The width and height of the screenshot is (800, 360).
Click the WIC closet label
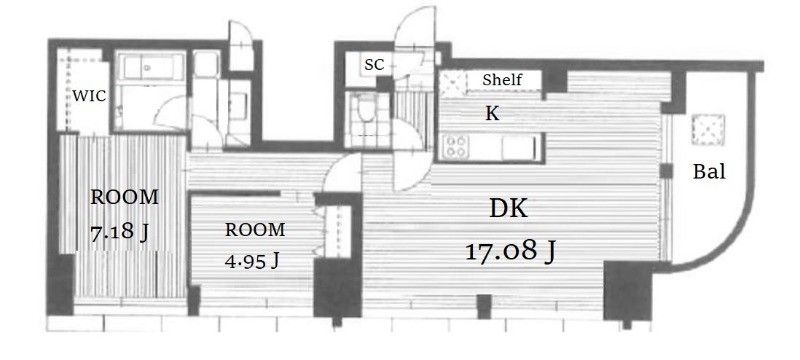point(89,95)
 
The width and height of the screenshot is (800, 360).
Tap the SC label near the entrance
point(374,65)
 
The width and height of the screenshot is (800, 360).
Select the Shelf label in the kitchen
point(503,80)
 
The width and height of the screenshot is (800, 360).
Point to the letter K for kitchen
point(492,114)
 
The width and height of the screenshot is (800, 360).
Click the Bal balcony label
point(709,172)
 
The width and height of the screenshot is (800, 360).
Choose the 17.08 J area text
point(510,251)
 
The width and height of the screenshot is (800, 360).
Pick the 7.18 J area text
point(120,232)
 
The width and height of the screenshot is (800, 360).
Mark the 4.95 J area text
point(252,261)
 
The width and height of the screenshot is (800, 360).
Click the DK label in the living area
point(508,209)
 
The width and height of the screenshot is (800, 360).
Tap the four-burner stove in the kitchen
point(456,147)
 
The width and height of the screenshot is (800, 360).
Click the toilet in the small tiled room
point(365,108)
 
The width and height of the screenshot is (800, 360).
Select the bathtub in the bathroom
point(148,67)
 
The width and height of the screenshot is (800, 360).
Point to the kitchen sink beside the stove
point(519,148)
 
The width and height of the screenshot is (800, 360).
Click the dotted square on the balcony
point(708,130)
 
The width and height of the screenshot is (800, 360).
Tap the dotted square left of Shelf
point(453,84)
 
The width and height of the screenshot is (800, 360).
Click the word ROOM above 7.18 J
point(124,197)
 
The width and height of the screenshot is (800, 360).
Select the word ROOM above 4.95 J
point(255,230)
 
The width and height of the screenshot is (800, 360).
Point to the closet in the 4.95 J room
point(338,231)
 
